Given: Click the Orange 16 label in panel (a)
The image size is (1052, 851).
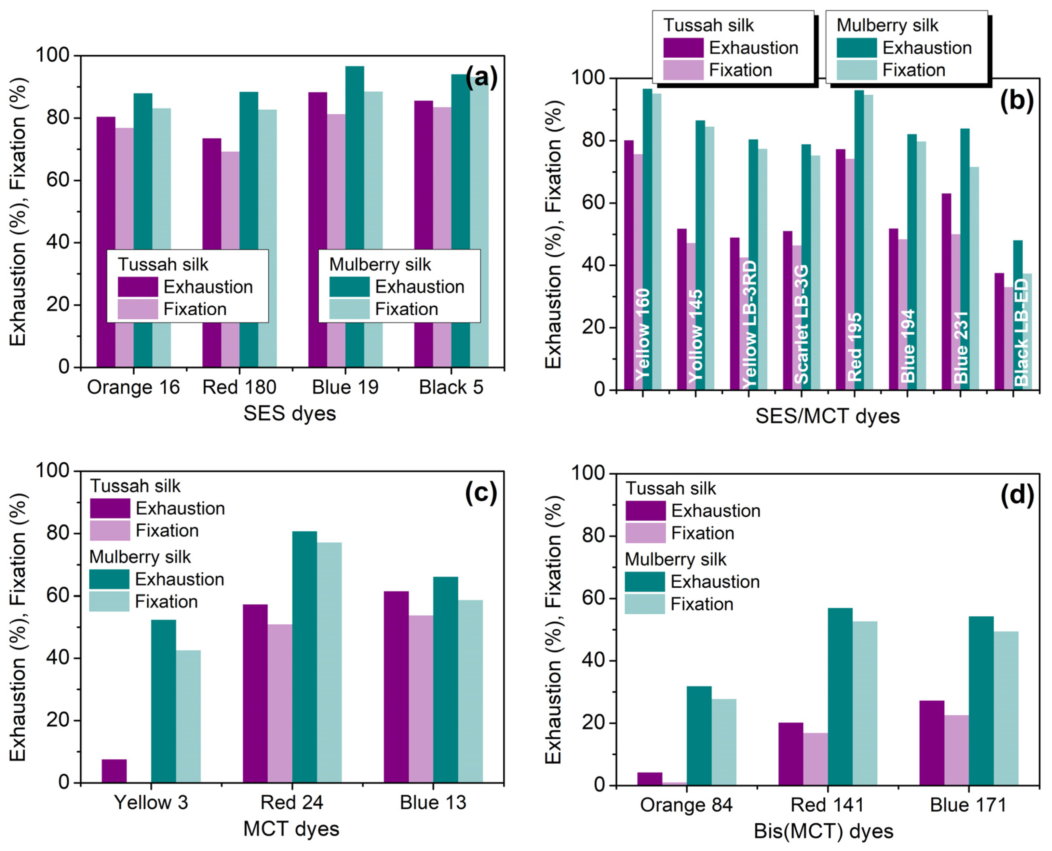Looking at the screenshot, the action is point(133,387).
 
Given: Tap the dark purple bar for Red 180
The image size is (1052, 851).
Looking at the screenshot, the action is point(211,253).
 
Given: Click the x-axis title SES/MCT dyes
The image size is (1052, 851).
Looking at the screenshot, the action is point(827,416).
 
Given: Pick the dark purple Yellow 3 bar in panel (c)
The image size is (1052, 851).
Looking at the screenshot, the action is point(114,771).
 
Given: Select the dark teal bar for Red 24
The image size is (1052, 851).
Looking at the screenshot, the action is point(304,657).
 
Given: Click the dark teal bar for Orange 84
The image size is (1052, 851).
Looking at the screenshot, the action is point(699,735).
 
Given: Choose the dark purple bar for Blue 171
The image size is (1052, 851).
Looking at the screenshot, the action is point(932,743).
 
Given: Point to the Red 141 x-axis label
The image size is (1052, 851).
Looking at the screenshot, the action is point(827,805).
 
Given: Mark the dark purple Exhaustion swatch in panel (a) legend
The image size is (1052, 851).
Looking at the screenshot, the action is point(138,287).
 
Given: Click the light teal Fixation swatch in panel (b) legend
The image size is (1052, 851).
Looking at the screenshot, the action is point(856,70).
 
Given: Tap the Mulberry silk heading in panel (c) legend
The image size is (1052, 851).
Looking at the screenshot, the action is point(140,557).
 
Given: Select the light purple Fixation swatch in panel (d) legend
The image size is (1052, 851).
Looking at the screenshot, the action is point(645,533).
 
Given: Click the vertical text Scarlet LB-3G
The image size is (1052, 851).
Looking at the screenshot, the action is point(801,325).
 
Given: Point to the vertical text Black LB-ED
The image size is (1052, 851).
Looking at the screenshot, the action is point(1021,332).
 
